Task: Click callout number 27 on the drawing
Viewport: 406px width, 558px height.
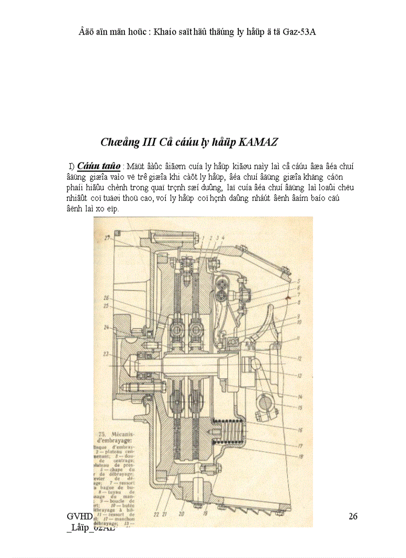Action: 106,238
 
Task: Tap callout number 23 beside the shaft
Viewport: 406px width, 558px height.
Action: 105,354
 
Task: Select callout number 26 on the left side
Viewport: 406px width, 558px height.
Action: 106,298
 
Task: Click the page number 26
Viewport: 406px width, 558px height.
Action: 353,516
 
